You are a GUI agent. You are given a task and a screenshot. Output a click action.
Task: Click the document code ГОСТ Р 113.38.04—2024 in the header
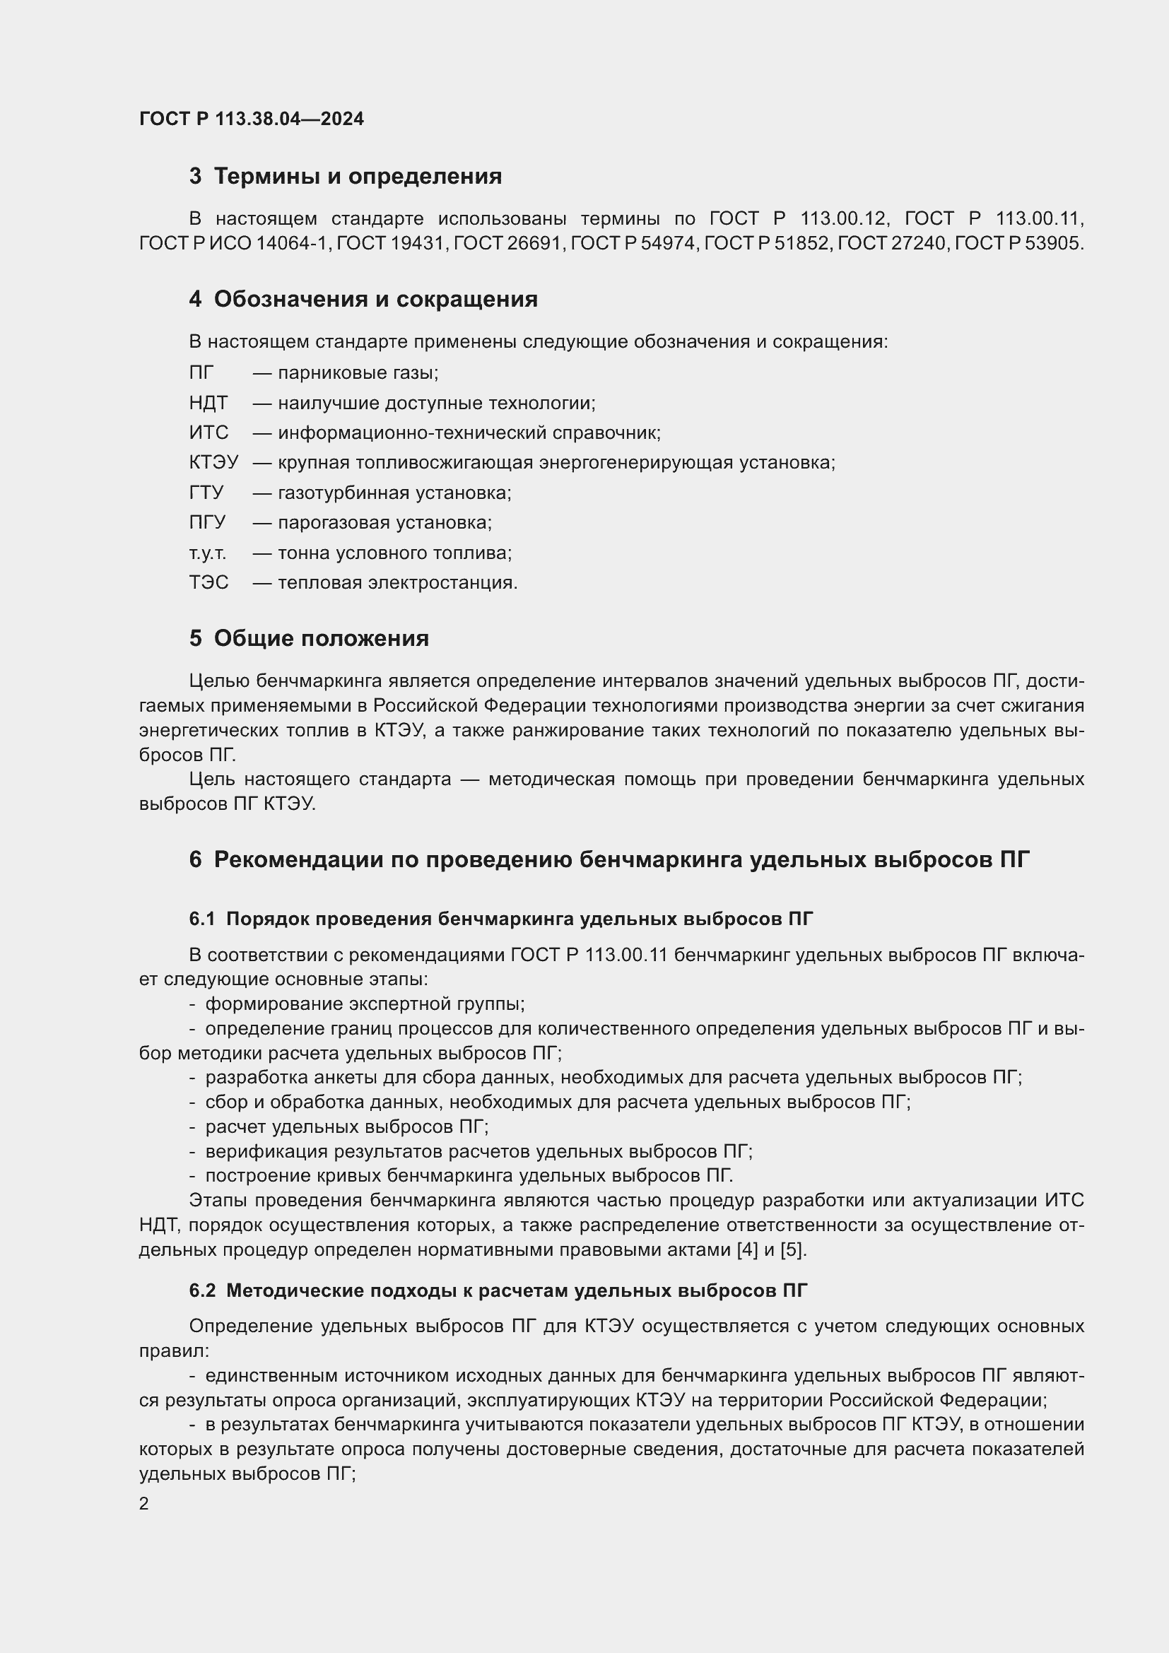tap(251, 119)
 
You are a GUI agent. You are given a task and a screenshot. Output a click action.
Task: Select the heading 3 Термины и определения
tap(346, 177)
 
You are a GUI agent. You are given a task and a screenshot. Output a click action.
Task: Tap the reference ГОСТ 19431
tap(391, 243)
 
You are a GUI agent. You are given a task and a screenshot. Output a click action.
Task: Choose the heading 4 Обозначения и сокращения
tap(363, 299)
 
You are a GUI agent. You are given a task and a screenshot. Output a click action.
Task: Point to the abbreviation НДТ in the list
tap(208, 403)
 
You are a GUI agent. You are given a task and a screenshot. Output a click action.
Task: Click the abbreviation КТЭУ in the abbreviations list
tap(213, 462)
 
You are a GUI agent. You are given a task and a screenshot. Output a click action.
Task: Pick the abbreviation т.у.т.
tap(207, 553)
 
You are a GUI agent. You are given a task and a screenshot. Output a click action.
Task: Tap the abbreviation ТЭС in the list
tap(208, 582)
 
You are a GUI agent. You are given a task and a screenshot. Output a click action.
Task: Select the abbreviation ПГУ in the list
tap(207, 523)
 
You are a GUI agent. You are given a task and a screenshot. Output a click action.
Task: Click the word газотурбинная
tap(345, 493)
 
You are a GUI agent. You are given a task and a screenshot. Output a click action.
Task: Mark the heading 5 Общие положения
tap(309, 639)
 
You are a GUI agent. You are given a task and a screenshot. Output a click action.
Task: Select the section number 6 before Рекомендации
tap(195, 859)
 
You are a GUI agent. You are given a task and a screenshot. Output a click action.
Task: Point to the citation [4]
tap(747, 1250)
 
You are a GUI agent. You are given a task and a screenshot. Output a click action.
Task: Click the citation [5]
tap(792, 1250)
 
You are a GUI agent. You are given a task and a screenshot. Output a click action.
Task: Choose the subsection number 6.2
tap(202, 1291)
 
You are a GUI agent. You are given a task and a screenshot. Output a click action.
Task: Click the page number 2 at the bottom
tap(144, 1504)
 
